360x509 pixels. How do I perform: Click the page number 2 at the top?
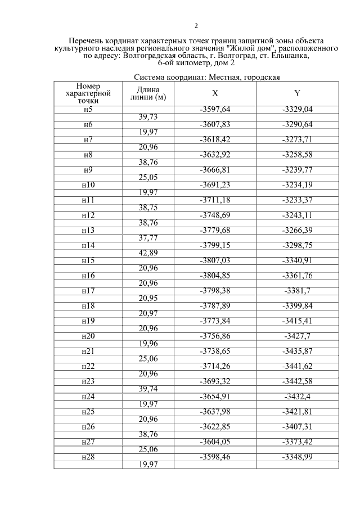pyautogui.click(x=196, y=26)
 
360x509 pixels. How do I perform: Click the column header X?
pyautogui.click(x=215, y=93)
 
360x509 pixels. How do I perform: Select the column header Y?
pyautogui.click(x=297, y=93)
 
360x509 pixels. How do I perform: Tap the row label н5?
pyautogui.click(x=88, y=109)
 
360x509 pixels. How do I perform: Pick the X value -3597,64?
pyautogui.click(x=215, y=109)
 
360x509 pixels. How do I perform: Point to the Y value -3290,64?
pyautogui.click(x=297, y=124)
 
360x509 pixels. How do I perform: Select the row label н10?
pyautogui.click(x=88, y=185)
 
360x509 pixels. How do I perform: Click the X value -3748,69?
pyautogui.click(x=215, y=215)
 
